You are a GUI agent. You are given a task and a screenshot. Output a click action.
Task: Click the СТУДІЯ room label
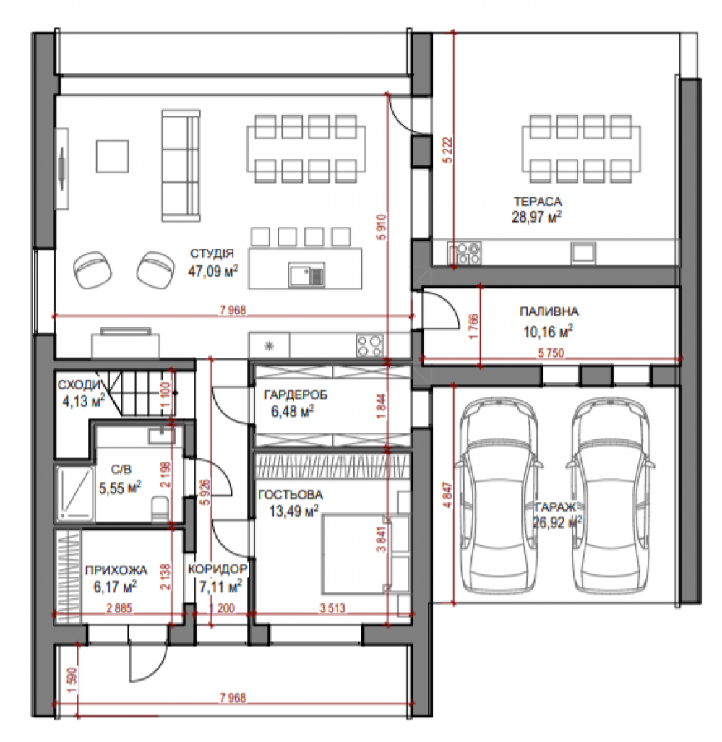212,254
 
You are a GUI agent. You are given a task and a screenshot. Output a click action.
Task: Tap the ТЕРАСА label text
538,202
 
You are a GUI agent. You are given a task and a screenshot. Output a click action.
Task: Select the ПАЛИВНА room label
549,311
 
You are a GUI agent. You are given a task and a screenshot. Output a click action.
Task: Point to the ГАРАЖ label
555,507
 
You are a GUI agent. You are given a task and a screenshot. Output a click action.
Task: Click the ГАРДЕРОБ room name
296,394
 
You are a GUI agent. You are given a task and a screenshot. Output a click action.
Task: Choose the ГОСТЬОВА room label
291,494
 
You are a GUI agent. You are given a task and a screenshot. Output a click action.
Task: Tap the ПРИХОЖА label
116,570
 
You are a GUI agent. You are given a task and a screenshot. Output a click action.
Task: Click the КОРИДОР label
218,569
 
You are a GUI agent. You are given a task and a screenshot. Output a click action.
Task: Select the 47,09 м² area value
213,271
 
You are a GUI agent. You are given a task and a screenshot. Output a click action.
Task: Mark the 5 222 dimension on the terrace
447,150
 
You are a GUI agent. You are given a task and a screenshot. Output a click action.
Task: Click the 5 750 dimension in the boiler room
551,353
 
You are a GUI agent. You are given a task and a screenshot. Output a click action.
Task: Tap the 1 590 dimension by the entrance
72,680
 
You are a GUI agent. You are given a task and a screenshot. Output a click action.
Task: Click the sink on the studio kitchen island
306,275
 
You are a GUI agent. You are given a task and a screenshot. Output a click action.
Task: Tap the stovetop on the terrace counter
465,253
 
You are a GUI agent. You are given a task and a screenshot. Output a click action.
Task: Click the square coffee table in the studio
112,156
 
